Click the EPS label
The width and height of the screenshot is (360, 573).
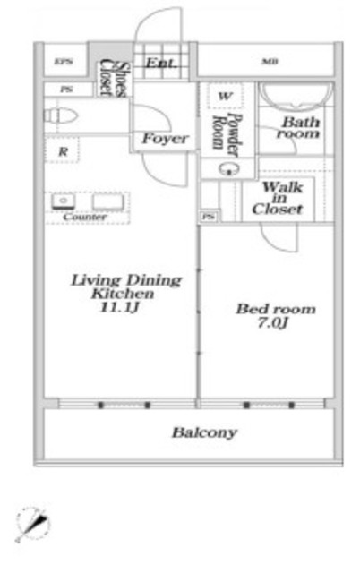(63, 62)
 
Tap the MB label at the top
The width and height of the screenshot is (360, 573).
(268, 62)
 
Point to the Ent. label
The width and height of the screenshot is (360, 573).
(160, 63)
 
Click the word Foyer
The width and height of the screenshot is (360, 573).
(165, 139)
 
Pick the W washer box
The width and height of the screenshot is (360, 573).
(227, 96)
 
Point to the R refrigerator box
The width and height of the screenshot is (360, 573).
(63, 152)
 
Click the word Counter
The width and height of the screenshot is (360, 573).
(86, 218)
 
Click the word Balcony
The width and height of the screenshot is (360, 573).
(204, 432)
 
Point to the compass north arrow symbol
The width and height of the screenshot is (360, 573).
(33, 523)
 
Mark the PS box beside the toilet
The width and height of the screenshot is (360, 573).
(67, 90)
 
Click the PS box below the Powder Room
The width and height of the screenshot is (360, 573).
(209, 217)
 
